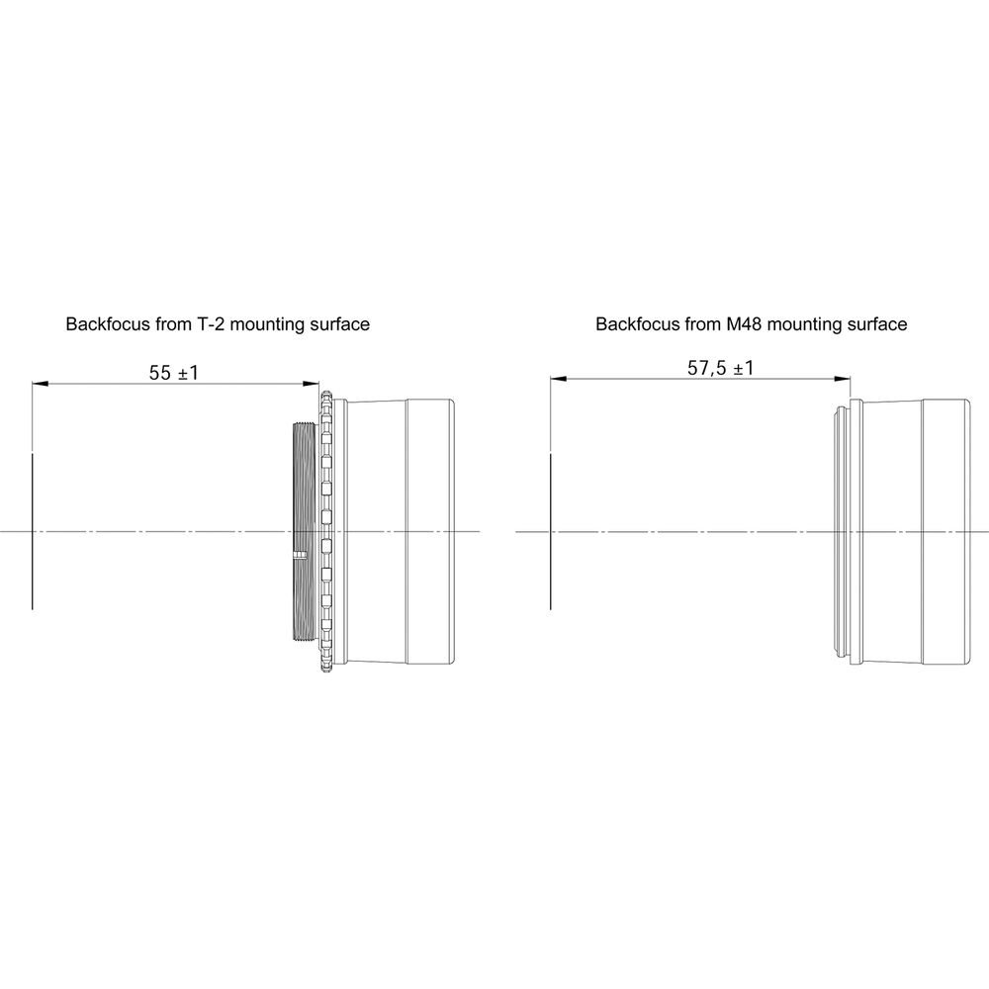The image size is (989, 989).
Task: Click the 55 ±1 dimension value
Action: point(173,373)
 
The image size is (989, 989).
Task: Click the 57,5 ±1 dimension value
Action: point(720,368)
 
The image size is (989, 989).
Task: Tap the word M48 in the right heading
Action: point(745,324)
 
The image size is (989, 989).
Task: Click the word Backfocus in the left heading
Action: point(108,324)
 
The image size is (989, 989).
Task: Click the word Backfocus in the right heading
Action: point(638,324)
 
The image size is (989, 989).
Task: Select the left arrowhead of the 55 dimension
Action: point(40,384)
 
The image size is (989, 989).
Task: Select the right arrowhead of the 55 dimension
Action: point(312,384)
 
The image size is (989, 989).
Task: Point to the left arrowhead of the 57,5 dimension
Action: point(558,379)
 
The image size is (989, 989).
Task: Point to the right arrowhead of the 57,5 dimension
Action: point(842,379)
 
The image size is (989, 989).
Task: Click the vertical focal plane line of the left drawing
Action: point(33,531)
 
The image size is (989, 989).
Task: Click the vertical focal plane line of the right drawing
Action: point(551,531)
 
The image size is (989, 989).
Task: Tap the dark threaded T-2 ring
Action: point(305,531)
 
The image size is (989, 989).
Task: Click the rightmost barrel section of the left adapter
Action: point(430,531)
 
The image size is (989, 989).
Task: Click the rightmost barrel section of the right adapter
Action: point(945,531)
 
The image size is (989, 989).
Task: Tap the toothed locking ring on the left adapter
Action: point(326,531)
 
